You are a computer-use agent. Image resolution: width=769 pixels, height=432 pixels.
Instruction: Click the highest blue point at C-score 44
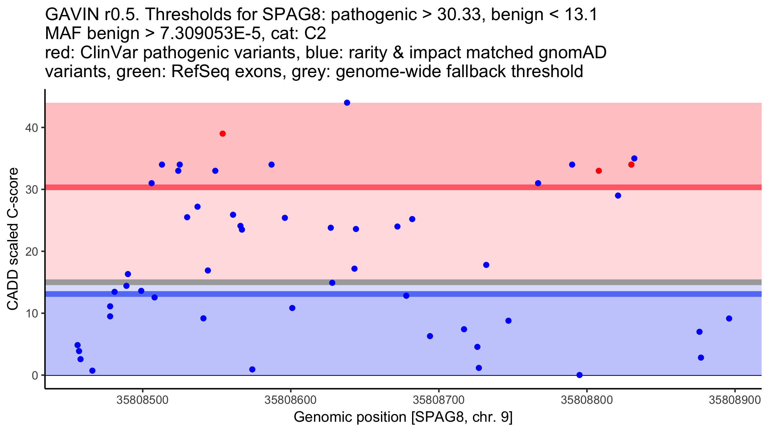[347, 103]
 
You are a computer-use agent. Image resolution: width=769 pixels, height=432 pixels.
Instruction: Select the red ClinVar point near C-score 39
[223, 134]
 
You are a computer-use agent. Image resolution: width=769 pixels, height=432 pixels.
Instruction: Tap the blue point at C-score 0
[579, 375]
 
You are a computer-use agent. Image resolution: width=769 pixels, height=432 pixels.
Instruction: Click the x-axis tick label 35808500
[142, 400]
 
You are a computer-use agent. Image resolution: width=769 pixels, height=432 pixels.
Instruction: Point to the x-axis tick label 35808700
[439, 400]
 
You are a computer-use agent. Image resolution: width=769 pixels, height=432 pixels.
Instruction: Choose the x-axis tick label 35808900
[735, 400]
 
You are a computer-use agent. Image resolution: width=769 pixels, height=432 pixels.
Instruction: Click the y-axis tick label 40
[31, 128]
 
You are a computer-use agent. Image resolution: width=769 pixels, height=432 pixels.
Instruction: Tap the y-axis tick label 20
[31, 252]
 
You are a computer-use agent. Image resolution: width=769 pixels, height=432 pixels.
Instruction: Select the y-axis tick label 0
[35, 375]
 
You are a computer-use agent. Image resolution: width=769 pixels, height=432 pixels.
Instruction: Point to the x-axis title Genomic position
[403, 417]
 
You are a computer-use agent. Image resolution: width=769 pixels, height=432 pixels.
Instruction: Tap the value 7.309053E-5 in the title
[211, 34]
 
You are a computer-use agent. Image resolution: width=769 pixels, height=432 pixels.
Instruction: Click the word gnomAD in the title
[572, 52]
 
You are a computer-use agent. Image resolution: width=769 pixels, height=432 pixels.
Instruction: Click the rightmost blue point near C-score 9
[729, 318]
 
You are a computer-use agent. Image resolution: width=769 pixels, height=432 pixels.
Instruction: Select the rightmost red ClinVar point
[631, 165]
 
